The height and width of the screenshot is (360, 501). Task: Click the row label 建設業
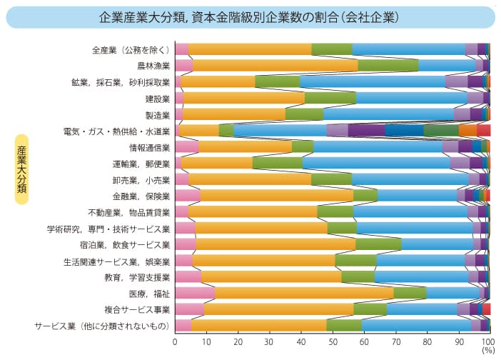click(157, 98)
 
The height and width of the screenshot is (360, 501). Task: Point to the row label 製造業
click(157, 114)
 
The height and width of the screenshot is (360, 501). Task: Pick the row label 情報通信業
click(149, 147)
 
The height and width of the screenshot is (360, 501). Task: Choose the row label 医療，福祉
click(149, 293)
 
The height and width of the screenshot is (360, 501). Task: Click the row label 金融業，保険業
click(141, 196)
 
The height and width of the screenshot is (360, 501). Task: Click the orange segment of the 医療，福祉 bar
click(303, 293)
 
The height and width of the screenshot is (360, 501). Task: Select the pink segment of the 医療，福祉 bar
click(195, 293)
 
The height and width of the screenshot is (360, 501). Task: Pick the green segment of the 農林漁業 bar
click(388, 66)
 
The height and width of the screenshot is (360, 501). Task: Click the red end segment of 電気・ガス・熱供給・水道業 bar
click(483, 130)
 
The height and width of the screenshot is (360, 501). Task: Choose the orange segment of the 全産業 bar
click(250, 49)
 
